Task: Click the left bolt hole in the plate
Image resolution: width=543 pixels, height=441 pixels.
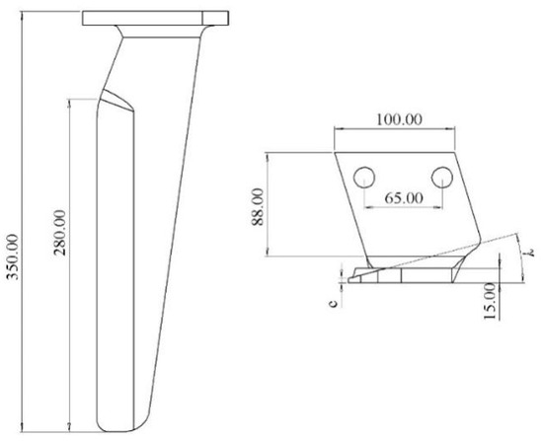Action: (363, 177)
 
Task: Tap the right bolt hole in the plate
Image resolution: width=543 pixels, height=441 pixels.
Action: (441, 177)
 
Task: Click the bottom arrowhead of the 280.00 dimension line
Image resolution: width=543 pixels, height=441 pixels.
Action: (72, 421)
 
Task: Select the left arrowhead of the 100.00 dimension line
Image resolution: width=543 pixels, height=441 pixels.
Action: (339, 130)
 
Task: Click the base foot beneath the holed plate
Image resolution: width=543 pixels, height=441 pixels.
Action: (405, 277)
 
